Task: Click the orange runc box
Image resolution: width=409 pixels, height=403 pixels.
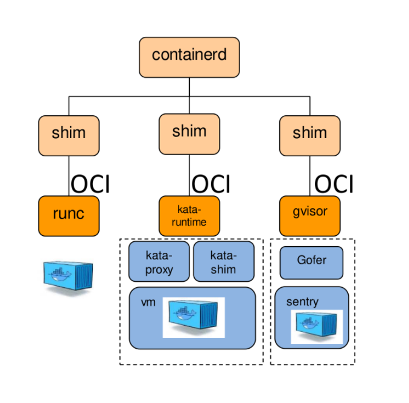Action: (x=69, y=215)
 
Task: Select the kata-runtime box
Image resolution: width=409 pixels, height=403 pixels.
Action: (x=189, y=215)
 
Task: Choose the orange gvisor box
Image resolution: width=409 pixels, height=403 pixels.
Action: (x=309, y=215)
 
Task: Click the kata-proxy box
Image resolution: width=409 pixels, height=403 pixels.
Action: (x=159, y=261)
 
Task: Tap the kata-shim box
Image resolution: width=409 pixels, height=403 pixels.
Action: (x=223, y=261)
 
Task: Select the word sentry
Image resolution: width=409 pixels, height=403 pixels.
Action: (x=302, y=302)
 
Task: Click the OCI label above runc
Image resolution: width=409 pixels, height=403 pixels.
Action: (x=90, y=184)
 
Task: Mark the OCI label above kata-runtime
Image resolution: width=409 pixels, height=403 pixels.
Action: (x=211, y=184)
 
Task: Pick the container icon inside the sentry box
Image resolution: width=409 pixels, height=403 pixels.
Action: (x=317, y=326)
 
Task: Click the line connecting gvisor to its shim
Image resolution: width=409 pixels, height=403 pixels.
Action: (x=310, y=175)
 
